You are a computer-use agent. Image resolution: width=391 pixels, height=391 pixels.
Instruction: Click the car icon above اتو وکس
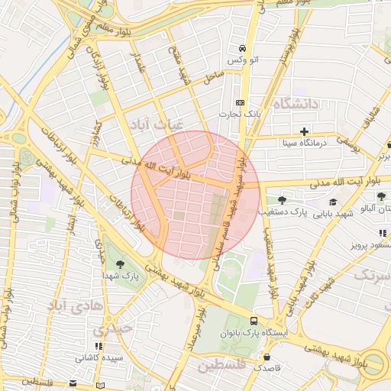242,45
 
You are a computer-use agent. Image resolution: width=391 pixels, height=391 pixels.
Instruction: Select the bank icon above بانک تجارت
241,102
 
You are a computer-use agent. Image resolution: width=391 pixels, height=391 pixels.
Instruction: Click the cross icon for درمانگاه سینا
304,131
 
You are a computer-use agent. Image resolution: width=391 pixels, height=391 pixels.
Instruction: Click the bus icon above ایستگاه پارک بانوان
253,321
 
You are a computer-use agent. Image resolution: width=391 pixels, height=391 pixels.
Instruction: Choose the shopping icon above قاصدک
267,356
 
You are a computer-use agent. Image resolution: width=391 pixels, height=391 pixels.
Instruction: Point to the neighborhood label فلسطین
230,367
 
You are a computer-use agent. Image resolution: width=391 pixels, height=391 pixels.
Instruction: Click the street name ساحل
213,77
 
